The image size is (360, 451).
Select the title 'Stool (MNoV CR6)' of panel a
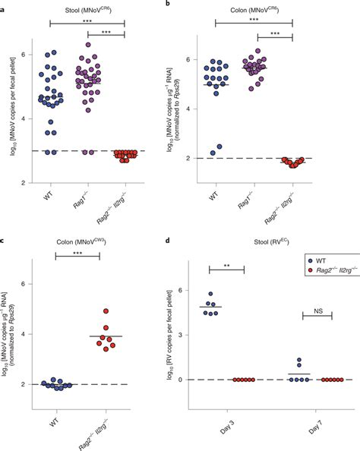point(87,7)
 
